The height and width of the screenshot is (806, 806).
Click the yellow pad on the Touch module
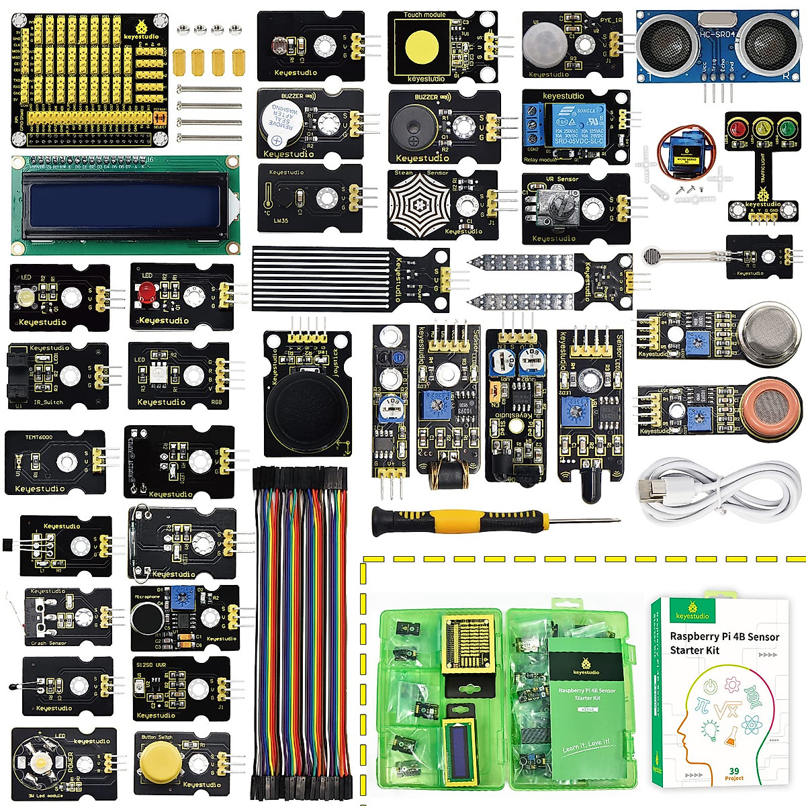tap(421, 46)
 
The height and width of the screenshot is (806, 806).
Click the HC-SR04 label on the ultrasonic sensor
tap(717, 34)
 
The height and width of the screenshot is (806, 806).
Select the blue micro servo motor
tap(678, 154)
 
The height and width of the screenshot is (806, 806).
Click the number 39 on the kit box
tap(734, 771)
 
